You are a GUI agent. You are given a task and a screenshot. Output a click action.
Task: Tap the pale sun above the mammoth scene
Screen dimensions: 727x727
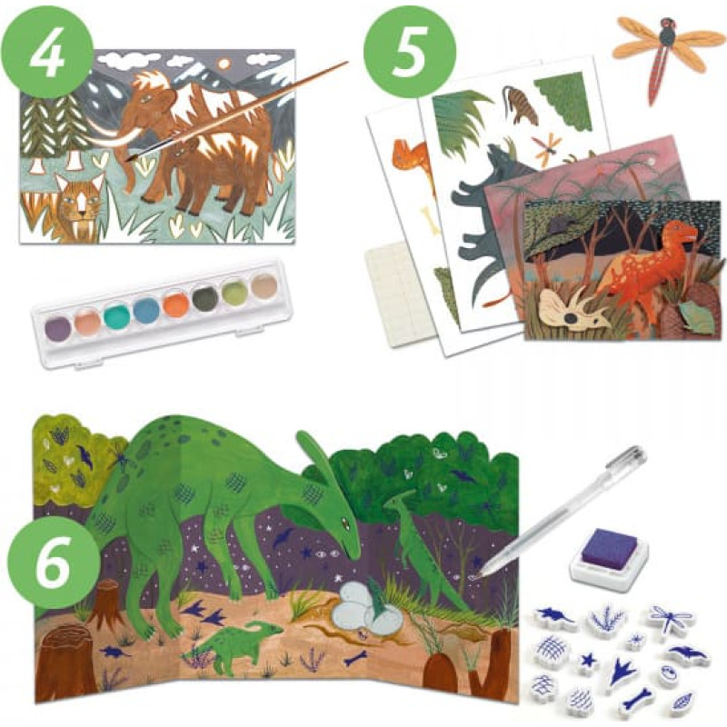[224, 65]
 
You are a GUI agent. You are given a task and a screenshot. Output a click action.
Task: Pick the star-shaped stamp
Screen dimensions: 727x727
[590, 659]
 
